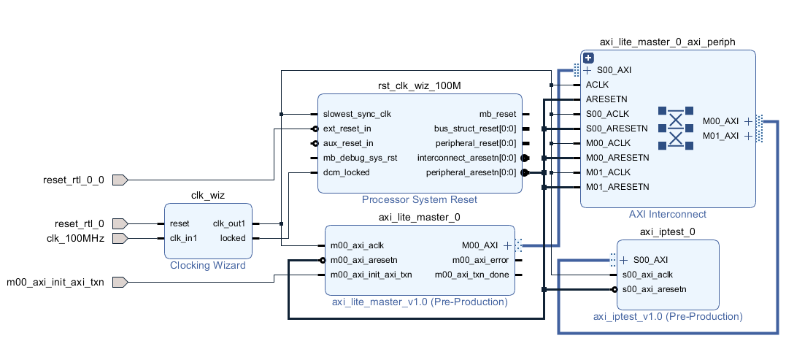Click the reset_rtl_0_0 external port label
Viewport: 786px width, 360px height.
[74, 180]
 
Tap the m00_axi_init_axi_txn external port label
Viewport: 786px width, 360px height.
[55, 282]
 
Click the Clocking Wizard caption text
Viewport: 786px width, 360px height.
[208, 265]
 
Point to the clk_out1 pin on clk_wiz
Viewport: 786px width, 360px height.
[230, 223]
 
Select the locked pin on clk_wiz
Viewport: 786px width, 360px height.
[233, 238]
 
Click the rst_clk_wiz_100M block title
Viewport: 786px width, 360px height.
[420, 86]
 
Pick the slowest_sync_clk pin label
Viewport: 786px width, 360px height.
[357, 114]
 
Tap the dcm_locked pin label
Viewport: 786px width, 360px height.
[346, 172]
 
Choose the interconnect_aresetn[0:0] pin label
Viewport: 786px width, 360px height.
[466, 158]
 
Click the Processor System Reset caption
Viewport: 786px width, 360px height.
[420, 199]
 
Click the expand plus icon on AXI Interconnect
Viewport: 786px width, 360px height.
[588, 58]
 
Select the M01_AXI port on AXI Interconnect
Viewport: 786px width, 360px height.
[720, 136]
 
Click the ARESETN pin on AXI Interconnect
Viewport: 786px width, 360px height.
[606, 99]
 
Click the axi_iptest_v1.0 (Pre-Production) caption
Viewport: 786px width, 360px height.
[668, 316]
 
